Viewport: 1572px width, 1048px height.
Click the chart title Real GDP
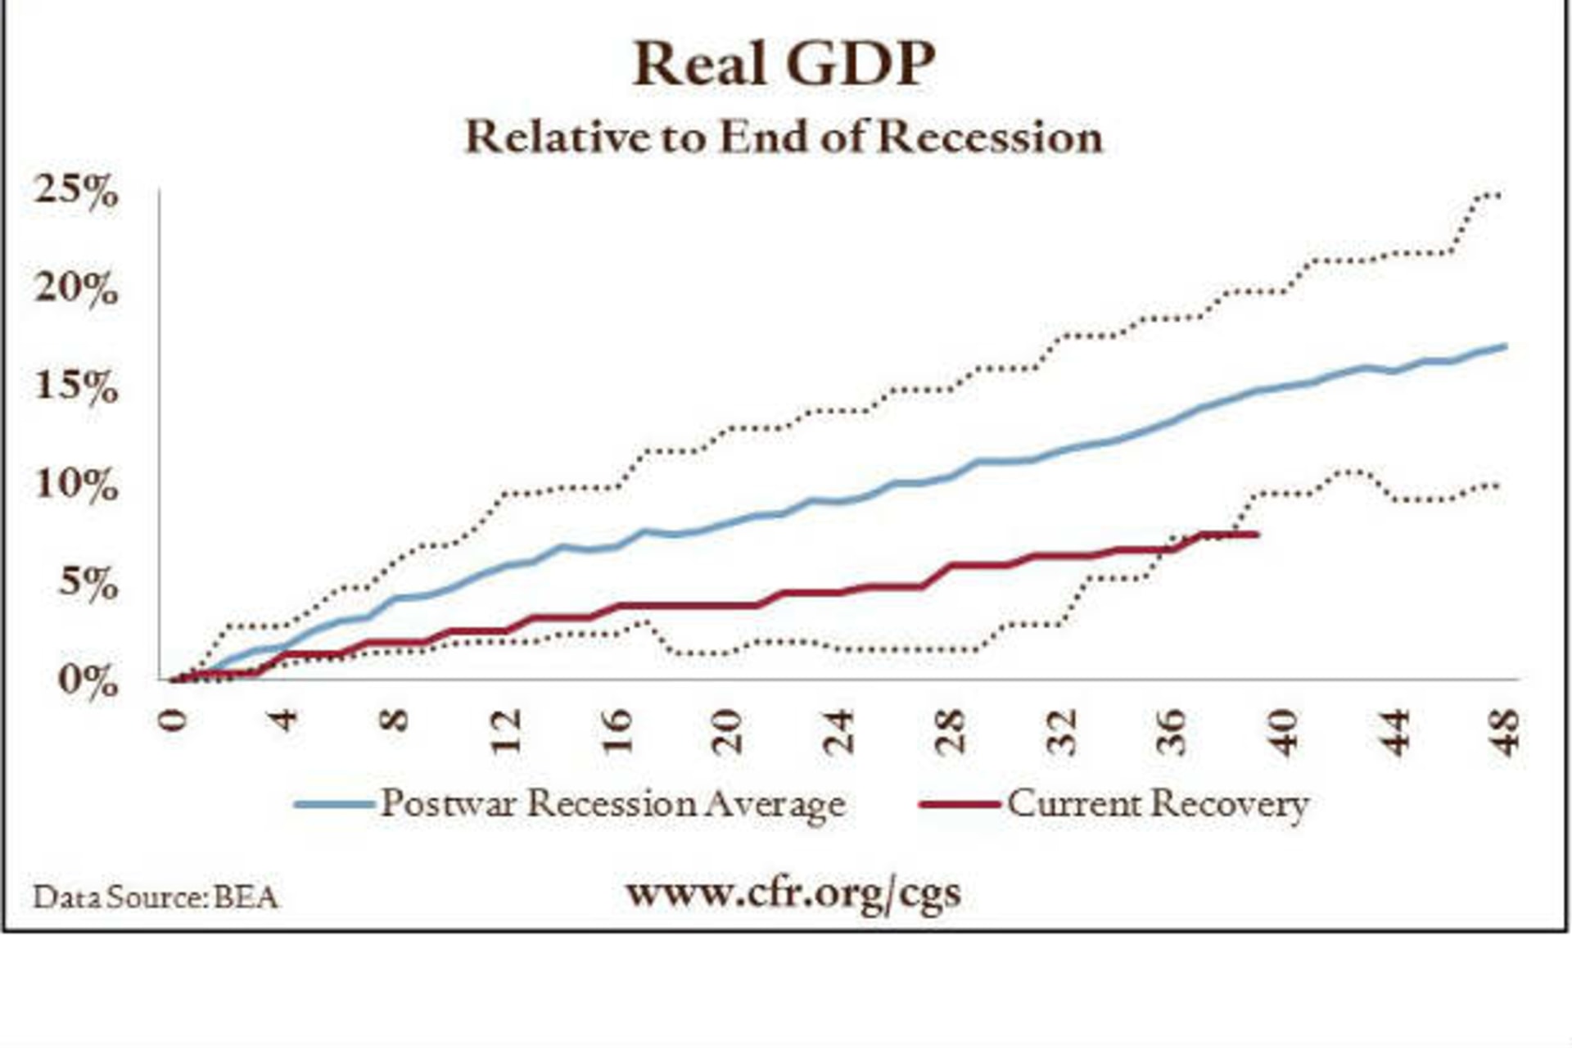pyautogui.click(x=784, y=63)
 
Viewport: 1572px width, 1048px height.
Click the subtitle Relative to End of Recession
pyautogui.click(x=784, y=137)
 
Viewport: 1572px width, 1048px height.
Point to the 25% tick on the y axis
pyautogui.click(x=76, y=193)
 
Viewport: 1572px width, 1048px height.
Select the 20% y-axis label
pyautogui.click(x=76, y=290)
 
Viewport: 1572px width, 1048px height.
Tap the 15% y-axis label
pyautogui.click(x=76, y=387)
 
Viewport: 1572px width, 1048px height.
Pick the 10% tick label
pyautogui.click(x=76, y=486)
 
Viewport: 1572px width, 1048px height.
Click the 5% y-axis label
pyautogui.click(x=88, y=584)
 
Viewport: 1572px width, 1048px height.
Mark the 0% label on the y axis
pyautogui.click(x=88, y=681)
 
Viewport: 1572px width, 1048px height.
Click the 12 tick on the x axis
pyautogui.click(x=505, y=731)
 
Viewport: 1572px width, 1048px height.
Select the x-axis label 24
pyautogui.click(x=839, y=731)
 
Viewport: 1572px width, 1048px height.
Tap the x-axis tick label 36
pyautogui.click(x=1173, y=731)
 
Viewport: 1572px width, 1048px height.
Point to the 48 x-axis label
pyautogui.click(x=1506, y=731)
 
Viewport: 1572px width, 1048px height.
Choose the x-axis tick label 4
pyautogui.click(x=283, y=720)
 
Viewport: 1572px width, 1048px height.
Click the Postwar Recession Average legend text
pyautogui.click(x=613, y=804)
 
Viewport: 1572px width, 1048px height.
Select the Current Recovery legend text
pyautogui.click(x=1158, y=804)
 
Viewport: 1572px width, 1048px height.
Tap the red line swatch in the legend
pyautogui.click(x=960, y=804)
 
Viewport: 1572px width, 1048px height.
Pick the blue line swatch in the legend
pyautogui.click(x=334, y=804)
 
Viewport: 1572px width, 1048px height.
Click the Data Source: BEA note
pyautogui.click(x=156, y=897)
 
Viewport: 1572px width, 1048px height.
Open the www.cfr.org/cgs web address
pyautogui.click(x=793, y=892)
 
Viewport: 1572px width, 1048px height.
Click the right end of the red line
pyautogui.click(x=1256, y=535)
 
